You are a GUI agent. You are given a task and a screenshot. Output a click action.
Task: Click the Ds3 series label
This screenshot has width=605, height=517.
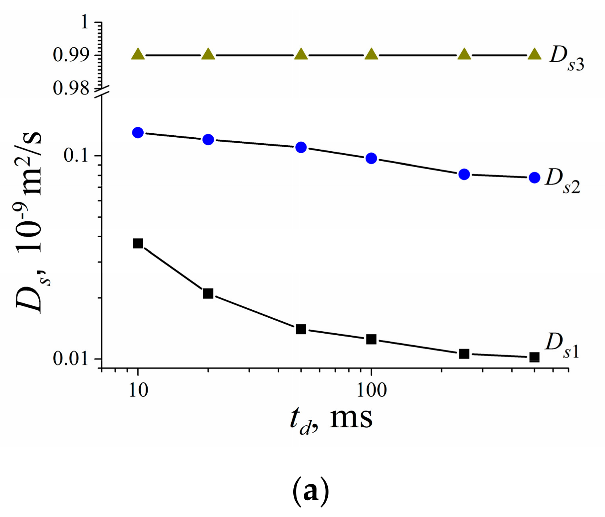pyautogui.click(x=566, y=58)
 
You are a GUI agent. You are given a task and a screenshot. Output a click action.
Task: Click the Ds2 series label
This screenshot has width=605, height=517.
pyautogui.click(x=562, y=181)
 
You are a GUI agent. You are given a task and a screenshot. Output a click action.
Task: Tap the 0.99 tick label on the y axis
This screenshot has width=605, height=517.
pyautogui.click(x=71, y=55)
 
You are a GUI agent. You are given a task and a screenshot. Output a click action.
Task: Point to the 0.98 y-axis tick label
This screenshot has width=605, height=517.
pyautogui.click(x=71, y=88)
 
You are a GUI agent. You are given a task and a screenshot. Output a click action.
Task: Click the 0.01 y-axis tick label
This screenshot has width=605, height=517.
pyautogui.click(x=71, y=359)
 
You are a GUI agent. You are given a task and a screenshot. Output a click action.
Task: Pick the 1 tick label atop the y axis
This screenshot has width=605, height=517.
pyautogui.click(x=84, y=22)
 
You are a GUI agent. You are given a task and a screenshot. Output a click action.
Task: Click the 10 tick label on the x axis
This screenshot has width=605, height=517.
pyautogui.click(x=138, y=390)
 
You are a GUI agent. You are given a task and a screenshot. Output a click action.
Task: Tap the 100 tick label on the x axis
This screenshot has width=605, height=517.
pyautogui.click(x=371, y=390)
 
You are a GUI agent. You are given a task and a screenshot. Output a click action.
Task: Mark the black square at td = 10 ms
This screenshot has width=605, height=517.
pyautogui.click(x=138, y=243)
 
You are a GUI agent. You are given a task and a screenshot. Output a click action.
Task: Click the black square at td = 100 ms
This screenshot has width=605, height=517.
pyautogui.click(x=371, y=339)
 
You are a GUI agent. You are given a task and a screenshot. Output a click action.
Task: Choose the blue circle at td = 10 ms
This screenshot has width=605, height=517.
pyautogui.click(x=138, y=132)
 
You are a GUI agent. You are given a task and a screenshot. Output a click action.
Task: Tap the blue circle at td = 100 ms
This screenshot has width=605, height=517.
pyautogui.click(x=371, y=158)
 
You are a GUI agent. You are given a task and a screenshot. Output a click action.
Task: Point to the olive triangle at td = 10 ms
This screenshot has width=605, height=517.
pyautogui.click(x=138, y=54)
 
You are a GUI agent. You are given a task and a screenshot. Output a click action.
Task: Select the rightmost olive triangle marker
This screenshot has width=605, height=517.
pyautogui.click(x=534, y=54)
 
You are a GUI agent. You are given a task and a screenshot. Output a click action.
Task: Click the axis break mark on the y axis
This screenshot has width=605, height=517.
pyautogui.click(x=102, y=92)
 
